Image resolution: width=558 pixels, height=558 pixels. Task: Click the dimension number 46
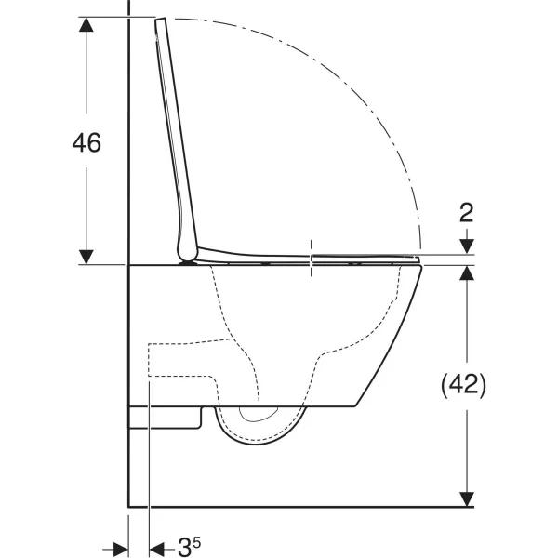[86, 142]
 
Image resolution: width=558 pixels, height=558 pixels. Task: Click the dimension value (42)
[463, 385]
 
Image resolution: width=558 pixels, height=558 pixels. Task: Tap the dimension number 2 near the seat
[467, 213]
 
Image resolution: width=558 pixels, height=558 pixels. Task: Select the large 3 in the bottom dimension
[184, 547]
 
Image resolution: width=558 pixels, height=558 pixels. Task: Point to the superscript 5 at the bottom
[197, 543]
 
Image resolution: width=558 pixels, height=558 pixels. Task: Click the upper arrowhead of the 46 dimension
[86, 24]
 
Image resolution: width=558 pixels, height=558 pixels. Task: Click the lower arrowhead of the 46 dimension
[86, 257]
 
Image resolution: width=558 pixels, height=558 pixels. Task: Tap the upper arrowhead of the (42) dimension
[467, 272]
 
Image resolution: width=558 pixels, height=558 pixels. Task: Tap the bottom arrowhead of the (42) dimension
[467, 498]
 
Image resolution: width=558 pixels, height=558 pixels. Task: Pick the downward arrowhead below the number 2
[467, 246]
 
